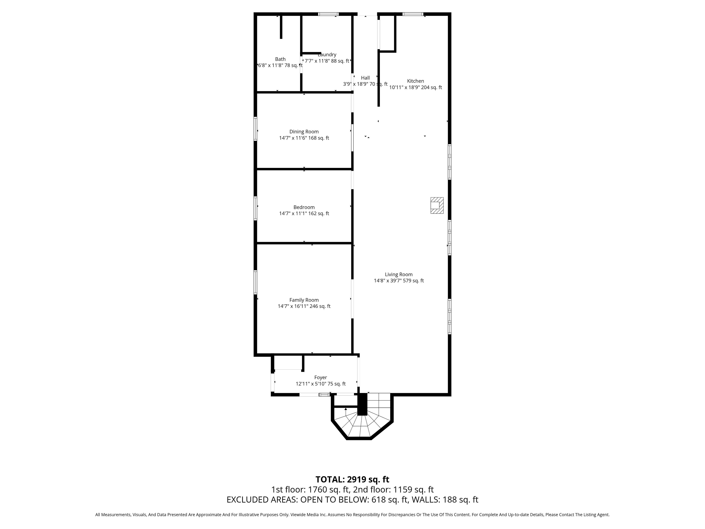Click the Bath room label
pos(280,59)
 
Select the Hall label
pos(365,78)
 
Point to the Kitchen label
pos(416,81)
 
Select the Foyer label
pos(321,377)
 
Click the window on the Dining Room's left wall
pos(255,129)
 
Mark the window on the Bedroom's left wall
pos(255,208)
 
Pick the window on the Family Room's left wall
pos(255,282)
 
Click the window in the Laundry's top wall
pos(328,14)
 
